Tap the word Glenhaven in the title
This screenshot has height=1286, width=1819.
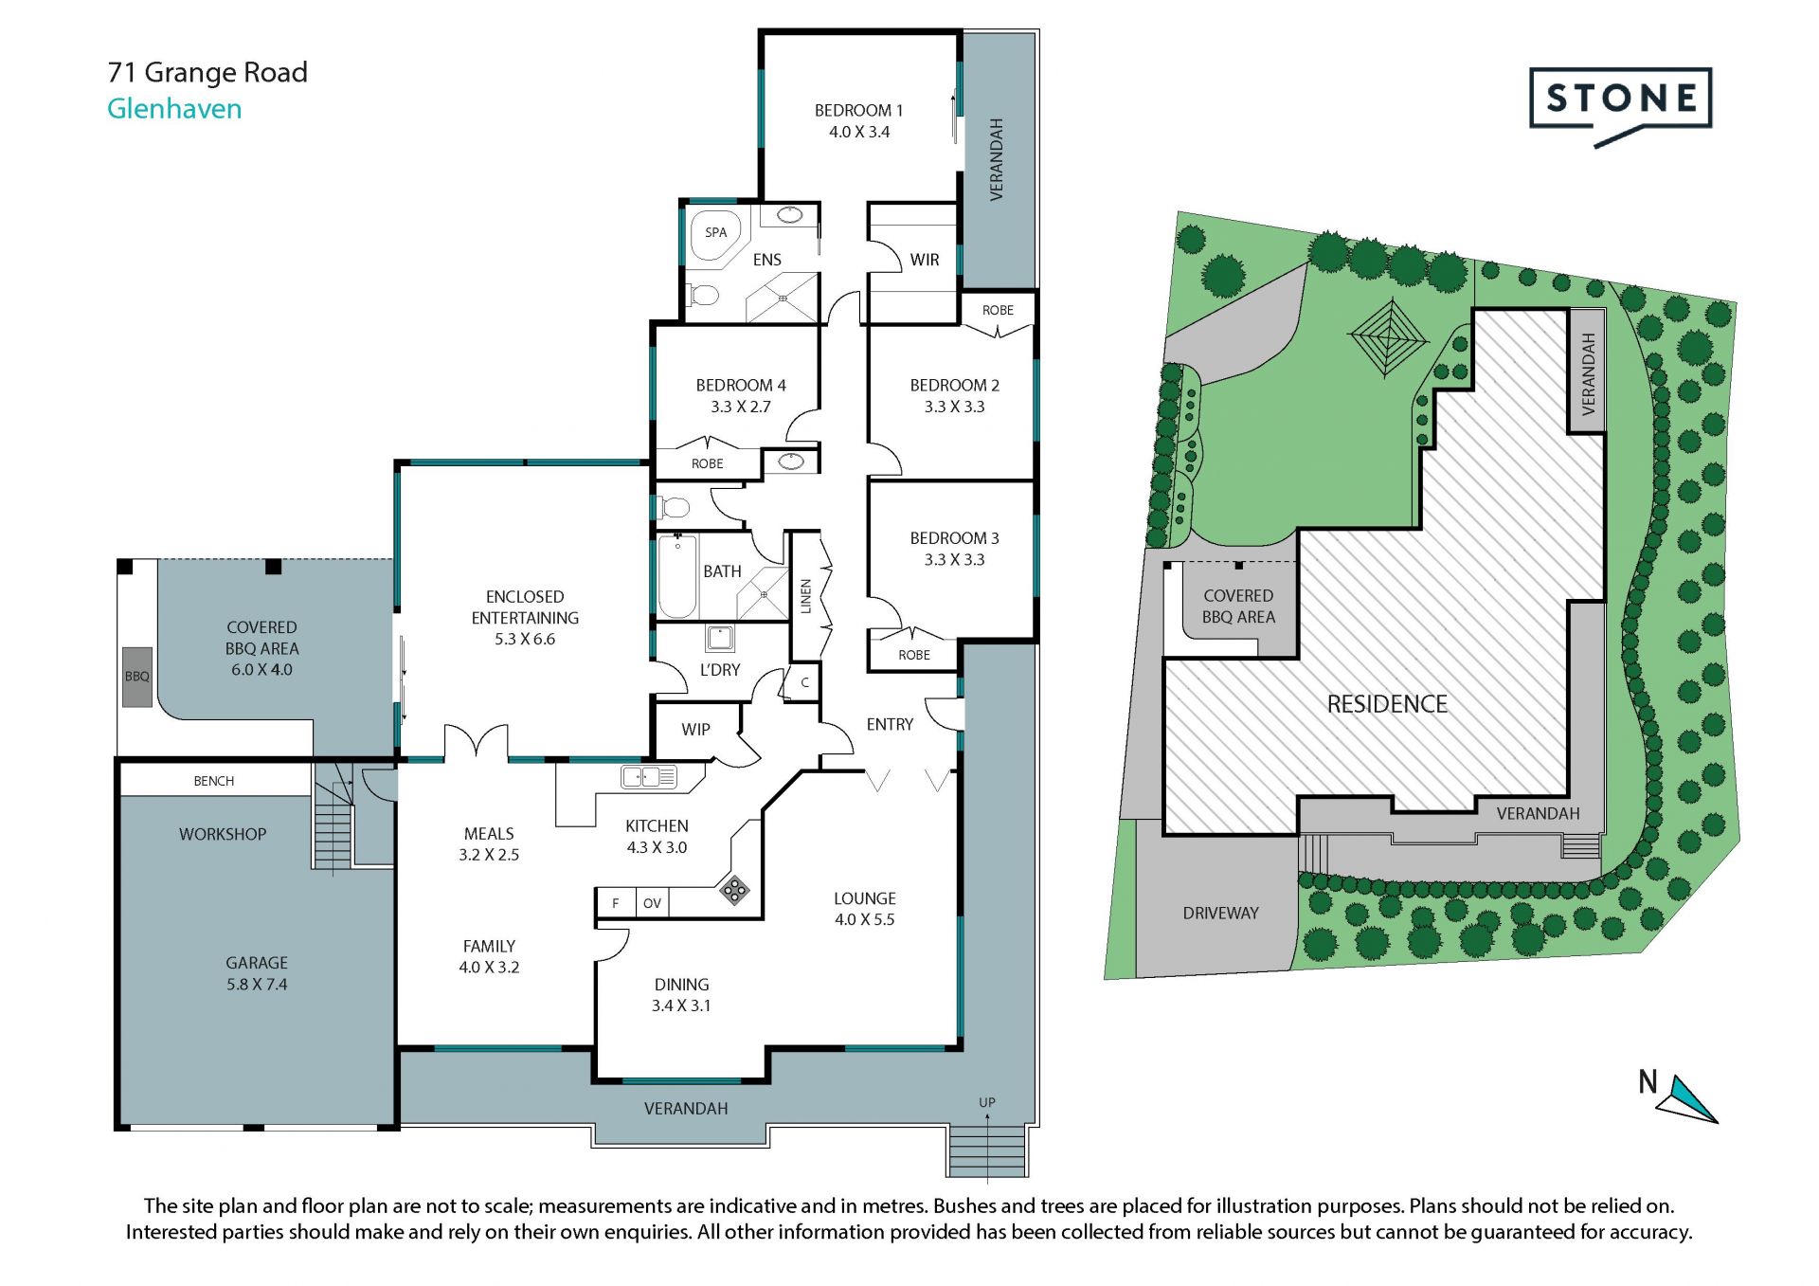point(174,109)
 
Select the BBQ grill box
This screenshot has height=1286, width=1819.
point(137,677)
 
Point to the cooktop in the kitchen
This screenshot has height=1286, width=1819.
point(734,890)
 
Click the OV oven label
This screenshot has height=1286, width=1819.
point(652,903)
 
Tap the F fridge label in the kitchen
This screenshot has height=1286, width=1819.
point(616,903)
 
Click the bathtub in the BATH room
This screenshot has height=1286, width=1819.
point(677,576)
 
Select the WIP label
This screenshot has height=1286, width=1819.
point(695,730)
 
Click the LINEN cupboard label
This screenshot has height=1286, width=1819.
point(806,596)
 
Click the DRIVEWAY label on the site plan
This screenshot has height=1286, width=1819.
point(1220,914)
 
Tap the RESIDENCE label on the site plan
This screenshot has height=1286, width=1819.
point(1387,704)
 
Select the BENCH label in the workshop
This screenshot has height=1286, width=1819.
point(214,781)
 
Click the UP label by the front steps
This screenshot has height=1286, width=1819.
point(987,1102)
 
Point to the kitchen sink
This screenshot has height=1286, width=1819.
point(649,777)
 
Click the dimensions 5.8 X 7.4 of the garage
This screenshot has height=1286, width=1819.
point(257,985)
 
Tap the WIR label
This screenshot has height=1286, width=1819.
point(925,260)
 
